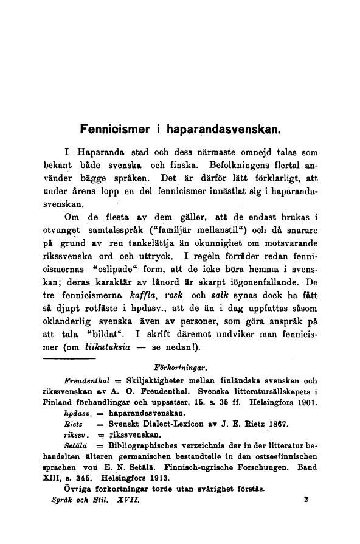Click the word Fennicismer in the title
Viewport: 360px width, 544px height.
click(x=113, y=129)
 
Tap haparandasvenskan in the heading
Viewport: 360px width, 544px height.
click(x=221, y=129)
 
